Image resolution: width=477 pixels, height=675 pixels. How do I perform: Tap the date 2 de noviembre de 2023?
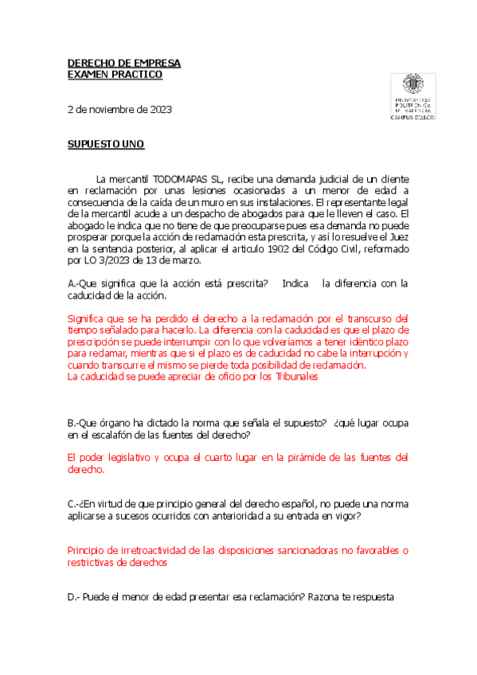(119, 109)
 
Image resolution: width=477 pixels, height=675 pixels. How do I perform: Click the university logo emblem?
(412, 85)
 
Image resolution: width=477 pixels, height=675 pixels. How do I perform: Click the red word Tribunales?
(292, 377)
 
